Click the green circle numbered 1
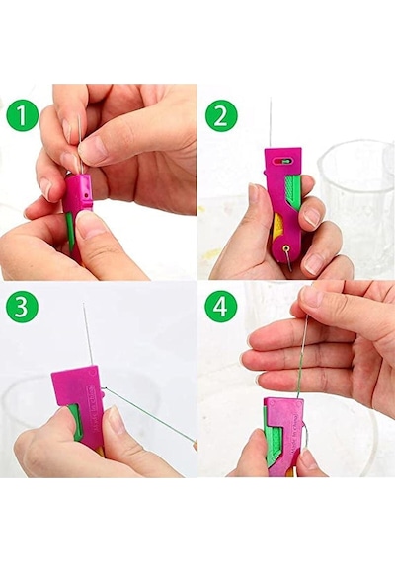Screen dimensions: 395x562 (x=23, y=115)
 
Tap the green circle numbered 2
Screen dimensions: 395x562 (x=221, y=115)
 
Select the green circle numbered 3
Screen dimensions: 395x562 (x=23, y=308)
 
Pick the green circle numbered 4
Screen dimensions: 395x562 (x=221, y=308)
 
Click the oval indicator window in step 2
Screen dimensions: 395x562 (x=282, y=162)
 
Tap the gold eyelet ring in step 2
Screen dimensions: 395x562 (x=286, y=248)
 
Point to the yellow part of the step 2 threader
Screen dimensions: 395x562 (x=278, y=227)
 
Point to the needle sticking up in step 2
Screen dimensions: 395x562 (x=271, y=122)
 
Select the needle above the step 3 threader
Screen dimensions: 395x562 (x=88, y=333)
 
